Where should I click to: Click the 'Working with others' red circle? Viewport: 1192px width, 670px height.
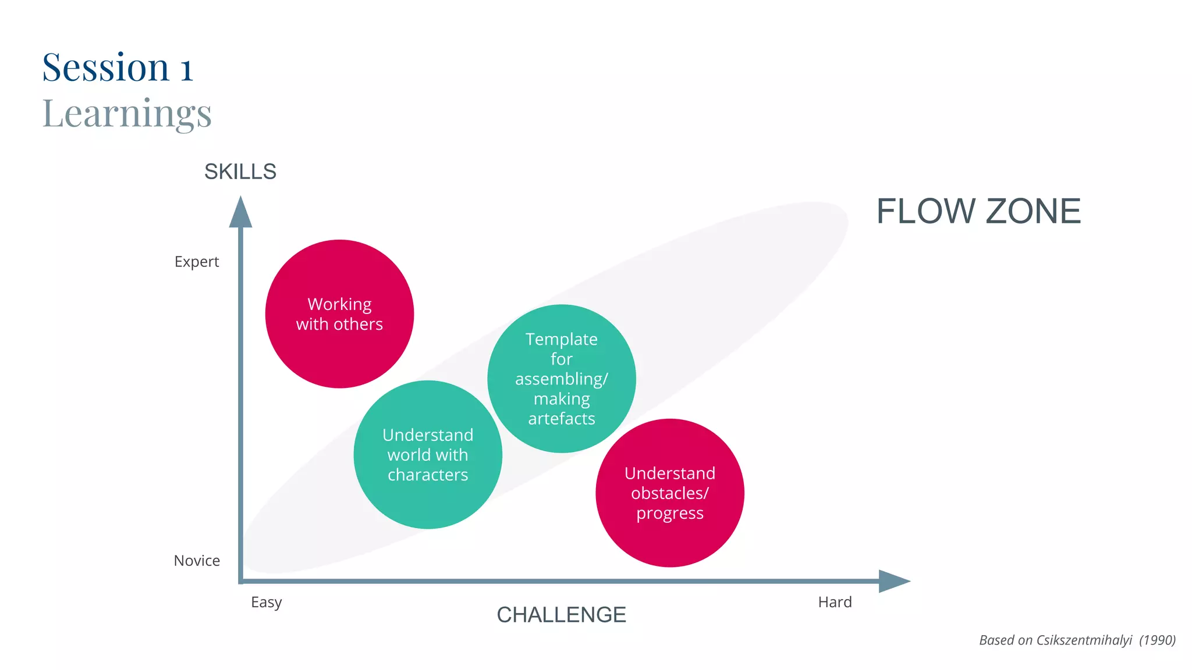pos(339,314)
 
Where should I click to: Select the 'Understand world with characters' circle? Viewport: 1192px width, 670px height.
pos(428,455)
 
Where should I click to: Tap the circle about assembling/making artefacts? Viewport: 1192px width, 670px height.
pos(561,379)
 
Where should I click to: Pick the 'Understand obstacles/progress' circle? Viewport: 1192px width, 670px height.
pos(669,493)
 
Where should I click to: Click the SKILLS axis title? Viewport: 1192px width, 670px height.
pos(240,172)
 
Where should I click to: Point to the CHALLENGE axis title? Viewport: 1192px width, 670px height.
pos(561,615)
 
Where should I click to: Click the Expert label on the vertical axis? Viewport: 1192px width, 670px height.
pos(197,262)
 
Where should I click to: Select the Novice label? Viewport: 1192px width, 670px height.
pos(197,561)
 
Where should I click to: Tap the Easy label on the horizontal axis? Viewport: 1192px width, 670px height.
pos(266,602)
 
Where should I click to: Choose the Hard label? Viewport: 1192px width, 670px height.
pos(835,602)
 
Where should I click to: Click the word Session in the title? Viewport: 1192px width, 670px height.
pos(106,67)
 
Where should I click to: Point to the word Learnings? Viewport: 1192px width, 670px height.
pos(127,113)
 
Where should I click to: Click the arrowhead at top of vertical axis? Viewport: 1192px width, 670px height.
pos(240,213)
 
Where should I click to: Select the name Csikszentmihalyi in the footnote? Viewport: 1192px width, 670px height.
pos(1084,640)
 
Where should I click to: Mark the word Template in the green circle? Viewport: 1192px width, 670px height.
pos(561,339)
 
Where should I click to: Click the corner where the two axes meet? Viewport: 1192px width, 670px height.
pos(241,581)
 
